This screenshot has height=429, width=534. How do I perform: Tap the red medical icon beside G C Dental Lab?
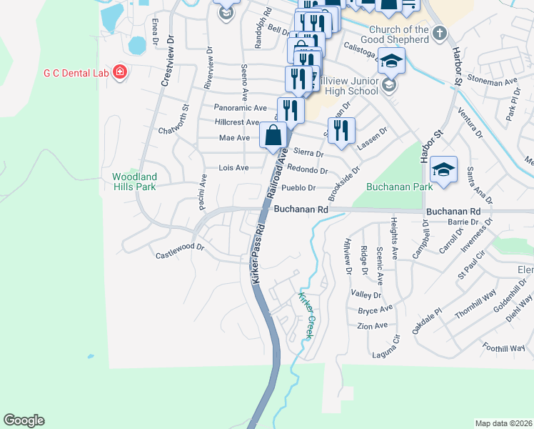120,71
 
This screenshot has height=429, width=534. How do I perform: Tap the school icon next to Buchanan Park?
443,170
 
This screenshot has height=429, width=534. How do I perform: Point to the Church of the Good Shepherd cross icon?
439,32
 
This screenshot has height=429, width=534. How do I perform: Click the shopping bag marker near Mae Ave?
274,134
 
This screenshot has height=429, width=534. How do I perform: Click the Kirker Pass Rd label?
257,255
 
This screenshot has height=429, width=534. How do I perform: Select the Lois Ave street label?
233,168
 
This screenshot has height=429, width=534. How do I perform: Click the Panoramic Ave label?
240,108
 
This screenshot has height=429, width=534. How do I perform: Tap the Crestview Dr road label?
167,61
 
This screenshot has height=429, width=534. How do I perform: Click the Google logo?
24,420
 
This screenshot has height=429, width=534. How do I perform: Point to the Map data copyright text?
503,423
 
